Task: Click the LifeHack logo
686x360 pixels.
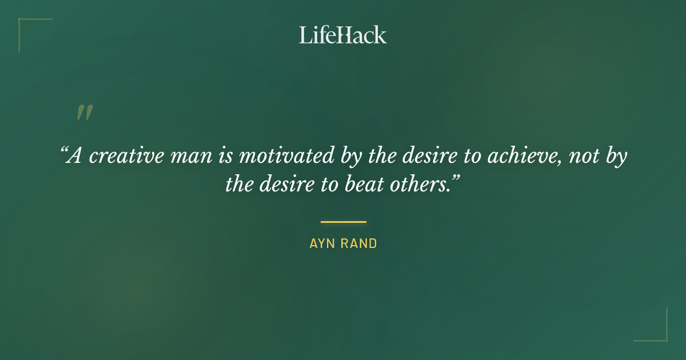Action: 342,35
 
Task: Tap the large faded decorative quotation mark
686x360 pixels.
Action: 84,113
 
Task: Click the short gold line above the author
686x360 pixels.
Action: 343,222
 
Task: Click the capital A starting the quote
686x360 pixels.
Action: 74,156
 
